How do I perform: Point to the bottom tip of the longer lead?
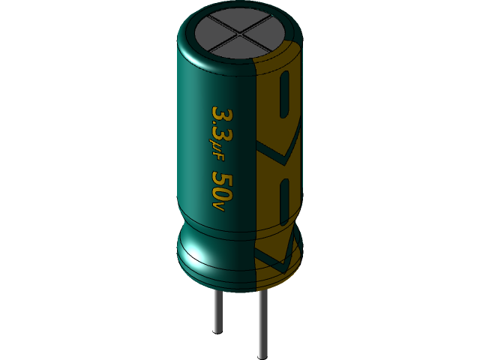pos(262,355)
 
